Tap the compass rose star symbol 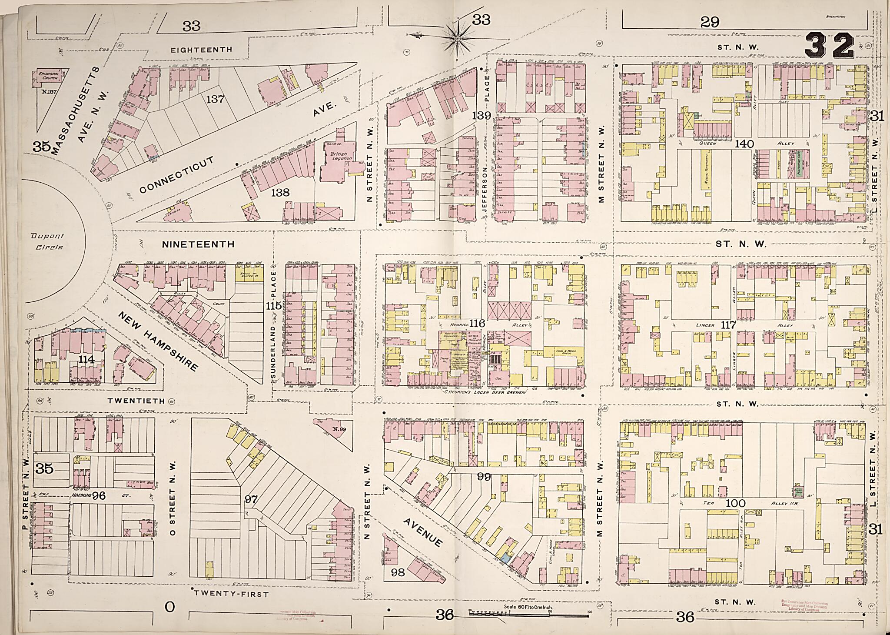tap(458, 39)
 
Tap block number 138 tap(280, 192)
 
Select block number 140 tap(744, 144)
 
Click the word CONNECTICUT tap(177, 176)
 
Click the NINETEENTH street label tap(198, 244)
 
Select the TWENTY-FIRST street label tap(231, 594)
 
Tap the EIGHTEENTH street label tap(201, 50)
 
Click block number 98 tap(398, 572)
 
